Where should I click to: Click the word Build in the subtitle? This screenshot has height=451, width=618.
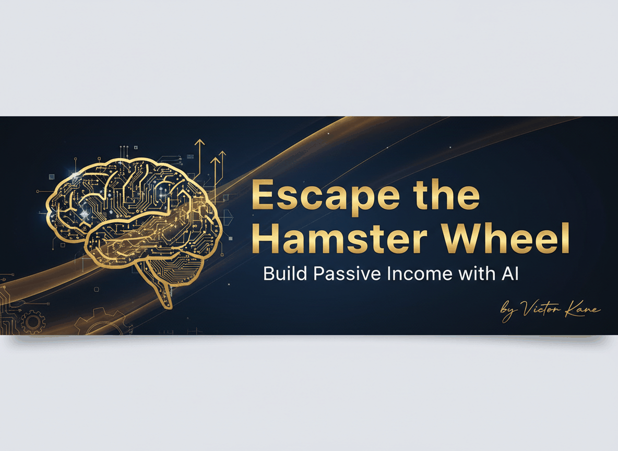tap(285, 274)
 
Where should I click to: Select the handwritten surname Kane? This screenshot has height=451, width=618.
tap(583, 310)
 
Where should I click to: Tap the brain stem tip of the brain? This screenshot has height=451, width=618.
tap(168, 306)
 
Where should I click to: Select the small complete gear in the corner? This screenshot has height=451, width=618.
tap(33, 322)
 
